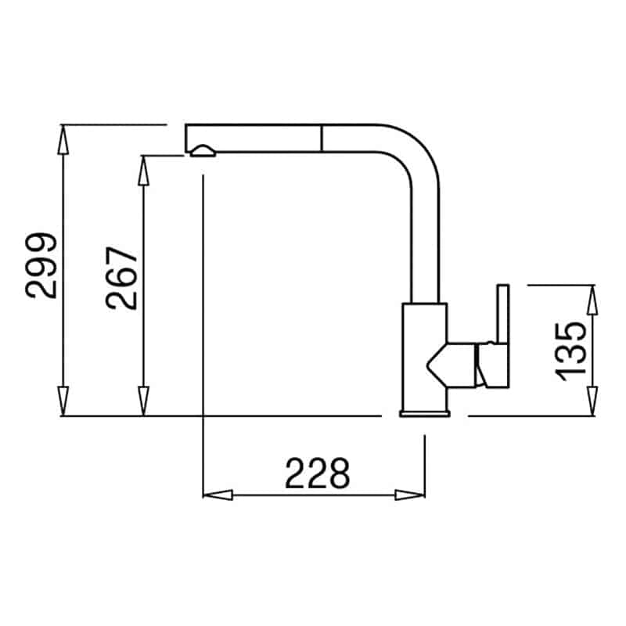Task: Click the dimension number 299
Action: tap(41, 265)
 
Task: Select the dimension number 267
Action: tap(121, 279)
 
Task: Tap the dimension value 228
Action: tap(318, 473)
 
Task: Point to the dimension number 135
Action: tap(571, 351)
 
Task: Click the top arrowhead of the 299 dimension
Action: tap(63, 139)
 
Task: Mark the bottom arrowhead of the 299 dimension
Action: tap(63, 401)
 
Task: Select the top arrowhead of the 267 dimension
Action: tap(143, 171)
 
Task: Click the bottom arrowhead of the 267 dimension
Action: tap(143, 401)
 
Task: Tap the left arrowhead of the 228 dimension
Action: tap(218, 495)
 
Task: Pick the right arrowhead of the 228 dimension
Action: tap(410, 495)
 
